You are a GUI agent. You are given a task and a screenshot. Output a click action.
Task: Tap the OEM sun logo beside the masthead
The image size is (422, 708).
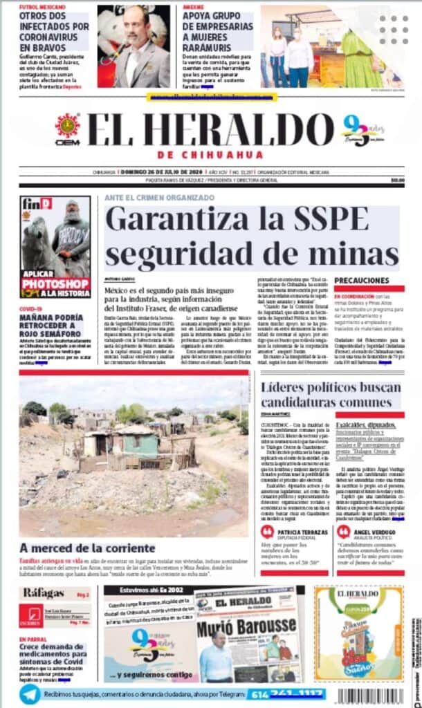click(x=68, y=129)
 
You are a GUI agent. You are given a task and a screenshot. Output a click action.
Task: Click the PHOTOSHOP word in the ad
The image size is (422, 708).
click(x=55, y=283)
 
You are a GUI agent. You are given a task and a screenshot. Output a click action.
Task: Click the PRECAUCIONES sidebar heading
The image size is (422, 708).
click(x=361, y=280)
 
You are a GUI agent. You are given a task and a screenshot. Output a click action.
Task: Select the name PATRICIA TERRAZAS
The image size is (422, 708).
click(x=302, y=533)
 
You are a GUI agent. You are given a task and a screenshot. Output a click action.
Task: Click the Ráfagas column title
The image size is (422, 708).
click(x=44, y=593)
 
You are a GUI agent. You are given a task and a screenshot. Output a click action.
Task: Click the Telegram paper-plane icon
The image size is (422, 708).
click(x=29, y=693)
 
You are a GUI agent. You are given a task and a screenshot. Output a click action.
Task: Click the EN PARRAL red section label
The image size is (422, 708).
click(x=33, y=640)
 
